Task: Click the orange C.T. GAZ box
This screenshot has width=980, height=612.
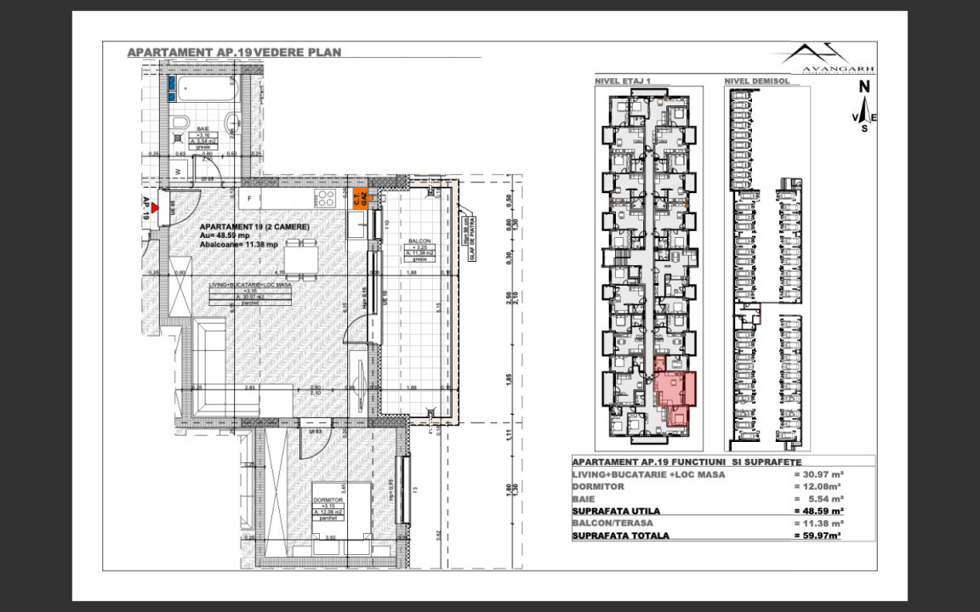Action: coord(360,198)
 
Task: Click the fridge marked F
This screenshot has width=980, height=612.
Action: coord(249,198)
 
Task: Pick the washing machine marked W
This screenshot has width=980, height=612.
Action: coord(177,171)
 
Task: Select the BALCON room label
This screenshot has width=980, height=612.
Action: coord(418,241)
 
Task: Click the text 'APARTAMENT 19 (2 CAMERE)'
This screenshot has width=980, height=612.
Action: coord(254,227)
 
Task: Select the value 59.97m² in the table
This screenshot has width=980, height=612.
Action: coord(818,535)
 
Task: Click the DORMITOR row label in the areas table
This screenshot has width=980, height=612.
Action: coord(599,487)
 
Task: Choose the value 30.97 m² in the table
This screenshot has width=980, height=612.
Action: coord(818,474)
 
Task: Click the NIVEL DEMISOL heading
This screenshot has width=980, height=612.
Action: coord(757,82)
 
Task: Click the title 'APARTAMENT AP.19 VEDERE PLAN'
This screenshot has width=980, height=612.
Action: coord(234,52)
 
